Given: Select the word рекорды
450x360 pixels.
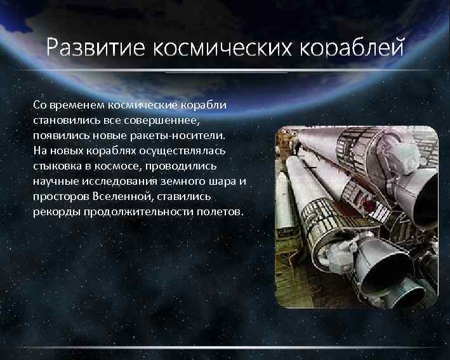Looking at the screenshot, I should (53, 212).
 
